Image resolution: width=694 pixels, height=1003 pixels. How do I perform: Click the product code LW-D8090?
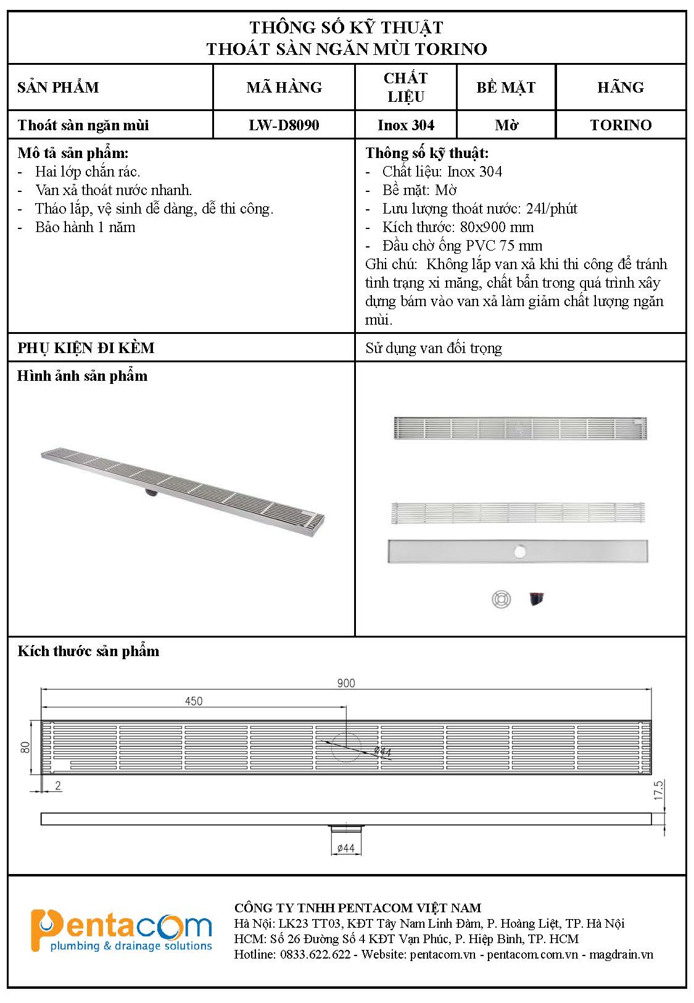coord(284,125)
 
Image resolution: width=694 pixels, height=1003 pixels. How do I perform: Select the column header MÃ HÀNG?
coord(284,87)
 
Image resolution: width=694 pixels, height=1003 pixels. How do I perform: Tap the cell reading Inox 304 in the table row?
coord(406,125)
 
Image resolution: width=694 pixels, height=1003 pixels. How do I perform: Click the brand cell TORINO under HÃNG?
coord(621,125)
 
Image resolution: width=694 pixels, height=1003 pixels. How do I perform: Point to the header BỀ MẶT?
coord(506,87)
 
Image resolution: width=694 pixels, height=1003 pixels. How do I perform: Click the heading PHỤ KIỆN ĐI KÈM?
coord(86,348)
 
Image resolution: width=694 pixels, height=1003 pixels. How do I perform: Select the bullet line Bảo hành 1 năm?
coord(85,227)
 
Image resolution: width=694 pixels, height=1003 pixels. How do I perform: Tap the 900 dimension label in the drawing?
coord(346,683)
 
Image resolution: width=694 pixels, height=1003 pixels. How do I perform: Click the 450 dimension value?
coord(194,701)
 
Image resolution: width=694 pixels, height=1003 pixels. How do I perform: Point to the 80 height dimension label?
coord(25,747)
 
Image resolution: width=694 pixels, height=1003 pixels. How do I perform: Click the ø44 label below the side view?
coord(346,849)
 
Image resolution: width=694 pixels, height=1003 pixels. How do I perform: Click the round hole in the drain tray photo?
coord(519,551)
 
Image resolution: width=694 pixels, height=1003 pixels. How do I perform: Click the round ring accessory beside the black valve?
coord(502,599)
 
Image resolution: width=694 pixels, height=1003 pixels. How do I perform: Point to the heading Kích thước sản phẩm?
coord(88,651)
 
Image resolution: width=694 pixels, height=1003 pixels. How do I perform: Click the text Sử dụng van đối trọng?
coord(434,348)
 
